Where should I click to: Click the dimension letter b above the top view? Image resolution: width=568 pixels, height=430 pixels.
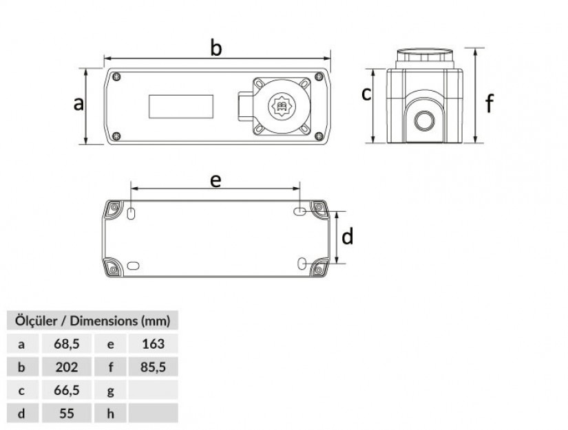tap(216, 49)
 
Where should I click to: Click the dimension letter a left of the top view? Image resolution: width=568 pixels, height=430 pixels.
tap(78, 103)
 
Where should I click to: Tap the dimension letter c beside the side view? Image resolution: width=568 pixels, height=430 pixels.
tap(367, 94)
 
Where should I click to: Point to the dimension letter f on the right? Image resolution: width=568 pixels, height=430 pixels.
tap(490, 104)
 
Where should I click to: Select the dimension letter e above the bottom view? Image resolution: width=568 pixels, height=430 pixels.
tap(215, 180)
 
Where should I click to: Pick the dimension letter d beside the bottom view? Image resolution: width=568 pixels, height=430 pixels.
tap(348, 237)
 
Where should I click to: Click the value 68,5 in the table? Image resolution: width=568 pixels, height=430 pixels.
tap(67, 343)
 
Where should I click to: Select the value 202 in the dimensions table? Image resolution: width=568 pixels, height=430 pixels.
tap(67, 367)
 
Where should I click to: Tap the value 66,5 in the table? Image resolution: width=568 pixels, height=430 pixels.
tap(67, 390)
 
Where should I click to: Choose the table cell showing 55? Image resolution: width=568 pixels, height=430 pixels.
tap(67, 413)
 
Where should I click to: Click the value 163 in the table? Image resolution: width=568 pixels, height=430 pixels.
tap(153, 343)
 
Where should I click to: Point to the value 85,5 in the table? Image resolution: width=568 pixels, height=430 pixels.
tap(153, 367)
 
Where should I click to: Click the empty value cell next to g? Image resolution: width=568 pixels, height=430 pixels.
tap(153, 390)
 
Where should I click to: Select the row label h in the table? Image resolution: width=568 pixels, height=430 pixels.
tap(110, 413)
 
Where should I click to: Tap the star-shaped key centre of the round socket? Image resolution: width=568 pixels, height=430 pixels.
tap(283, 107)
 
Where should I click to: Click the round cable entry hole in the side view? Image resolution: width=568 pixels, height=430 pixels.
tap(423, 122)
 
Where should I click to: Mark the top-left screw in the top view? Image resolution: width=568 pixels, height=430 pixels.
tap(117, 76)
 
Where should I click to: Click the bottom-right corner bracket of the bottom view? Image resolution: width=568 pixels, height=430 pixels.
tap(319, 268)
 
